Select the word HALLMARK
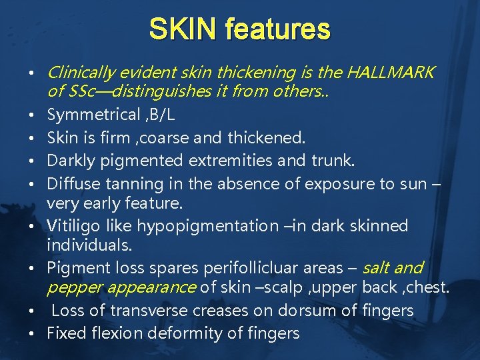(x=393, y=72)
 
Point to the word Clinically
(x=81, y=72)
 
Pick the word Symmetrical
(x=93, y=115)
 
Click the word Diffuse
(x=73, y=183)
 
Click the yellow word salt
(x=378, y=268)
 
